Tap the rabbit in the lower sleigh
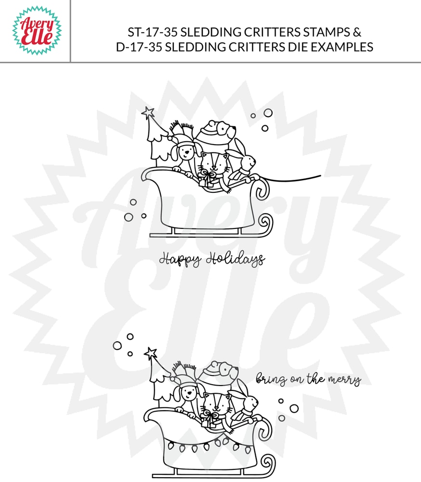click(246, 402)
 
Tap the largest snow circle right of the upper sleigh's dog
click(268, 112)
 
